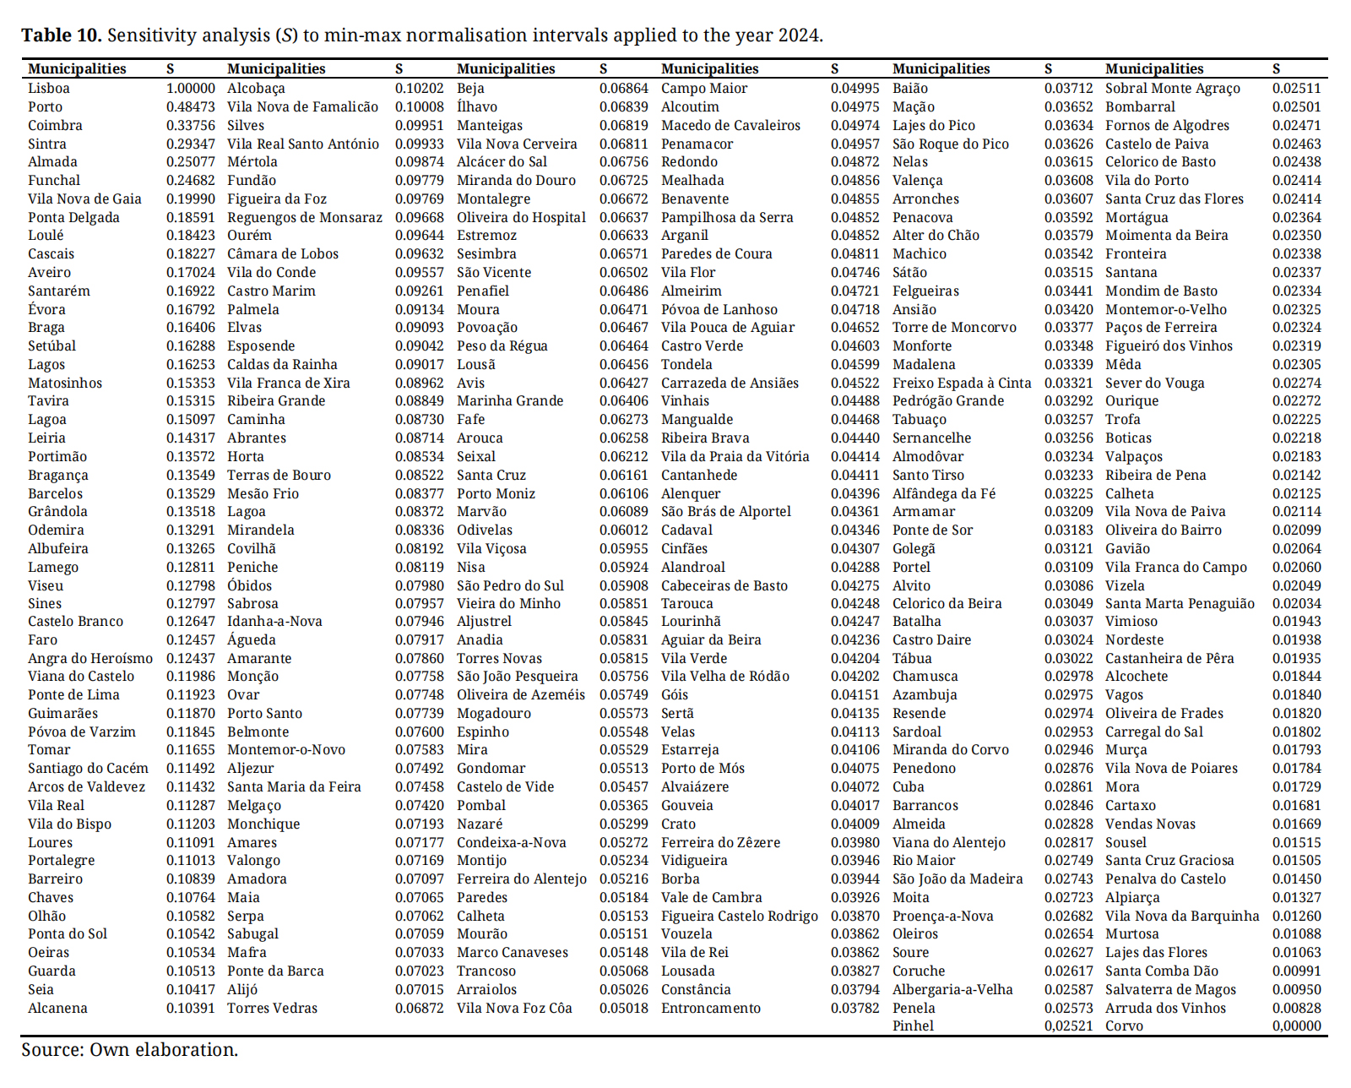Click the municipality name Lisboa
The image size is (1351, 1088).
point(49,89)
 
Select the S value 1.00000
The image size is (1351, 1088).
point(190,89)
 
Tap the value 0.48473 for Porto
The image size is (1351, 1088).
point(190,107)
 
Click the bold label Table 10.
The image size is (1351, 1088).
point(61,35)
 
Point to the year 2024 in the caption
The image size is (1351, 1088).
point(799,35)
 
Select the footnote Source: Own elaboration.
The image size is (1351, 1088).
point(129,1050)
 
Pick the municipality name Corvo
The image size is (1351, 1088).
point(1124,1026)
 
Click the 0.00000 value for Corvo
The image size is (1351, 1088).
point(1296,1026)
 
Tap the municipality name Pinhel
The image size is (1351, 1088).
point(913,1026)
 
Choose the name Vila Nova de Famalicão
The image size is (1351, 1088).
point(302,107)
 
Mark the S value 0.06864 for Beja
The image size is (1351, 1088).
point(624,89)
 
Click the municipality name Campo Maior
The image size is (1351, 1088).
point(704,89)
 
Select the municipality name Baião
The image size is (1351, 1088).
point(909,89)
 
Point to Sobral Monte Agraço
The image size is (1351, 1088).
point(1173,89)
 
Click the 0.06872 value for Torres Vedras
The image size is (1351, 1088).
point(419,1009)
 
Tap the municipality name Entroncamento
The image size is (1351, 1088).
point(711,1009)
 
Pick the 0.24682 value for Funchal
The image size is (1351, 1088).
point(190,181)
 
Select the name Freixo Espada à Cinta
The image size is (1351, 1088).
point(962,384)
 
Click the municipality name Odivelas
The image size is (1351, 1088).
point(485,530)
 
